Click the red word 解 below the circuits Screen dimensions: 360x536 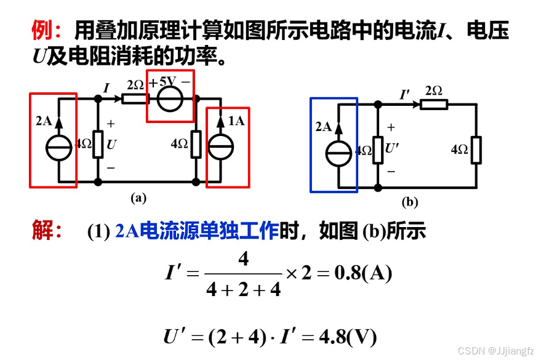click(x=42, y=231)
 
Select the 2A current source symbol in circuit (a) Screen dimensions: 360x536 click(x=59, y=148)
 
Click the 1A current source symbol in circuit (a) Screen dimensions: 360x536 click(x=220, y=148)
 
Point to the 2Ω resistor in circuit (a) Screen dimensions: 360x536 click(x=134, y=98)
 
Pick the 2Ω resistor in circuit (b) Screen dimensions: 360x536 click(x=434, y=104)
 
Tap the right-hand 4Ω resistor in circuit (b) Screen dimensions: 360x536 click(x=476, y=150)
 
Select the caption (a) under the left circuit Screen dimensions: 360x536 click(x=138, y=198)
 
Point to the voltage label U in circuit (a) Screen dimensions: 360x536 click(x=111, y=145)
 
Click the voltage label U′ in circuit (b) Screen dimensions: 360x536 click(x=392, y=148)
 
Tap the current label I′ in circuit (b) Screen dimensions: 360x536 click(x=405, y=95)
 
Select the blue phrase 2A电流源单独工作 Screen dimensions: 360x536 click(x=197, y=231)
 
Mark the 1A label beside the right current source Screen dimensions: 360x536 click(x=236, y=121)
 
